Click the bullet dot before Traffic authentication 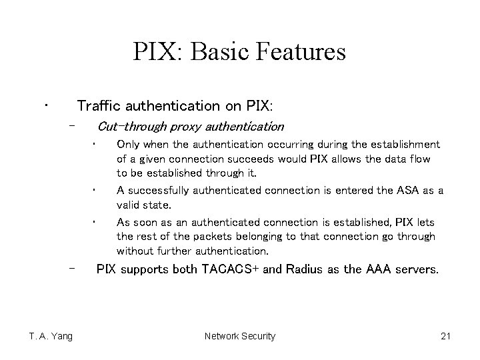[45, 105]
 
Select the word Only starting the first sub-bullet [128, 144]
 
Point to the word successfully [161, 191]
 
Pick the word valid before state [129, 205]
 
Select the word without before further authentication [137, 251]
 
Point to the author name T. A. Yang [51, 336]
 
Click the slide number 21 [446, 336]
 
